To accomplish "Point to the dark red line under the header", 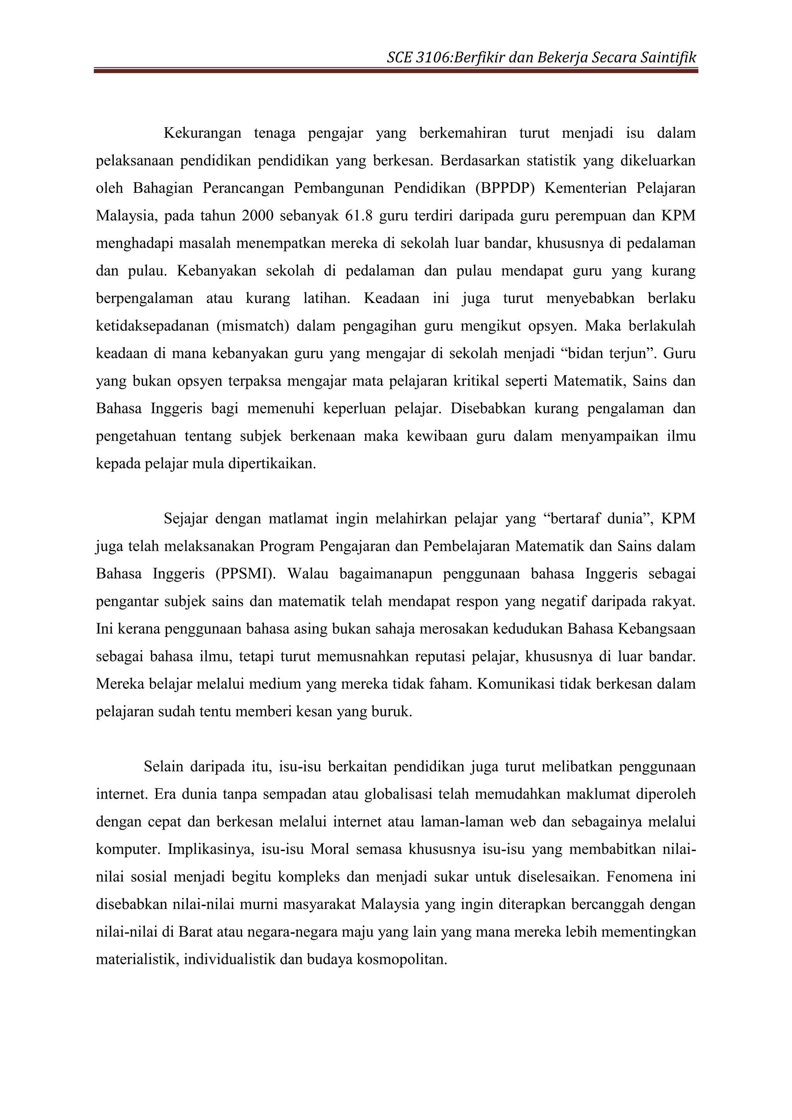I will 396,71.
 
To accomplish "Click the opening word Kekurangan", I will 202,133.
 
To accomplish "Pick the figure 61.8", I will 358,216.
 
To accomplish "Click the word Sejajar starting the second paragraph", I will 185,519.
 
